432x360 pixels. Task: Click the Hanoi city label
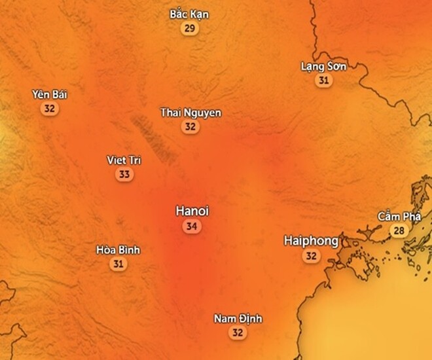click(192, 211)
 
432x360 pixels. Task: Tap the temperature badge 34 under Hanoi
click(192, 226)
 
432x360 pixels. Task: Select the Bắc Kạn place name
click(189, 14)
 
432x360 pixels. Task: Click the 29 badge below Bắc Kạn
click(190, 28)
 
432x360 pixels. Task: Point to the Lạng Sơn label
click(323, 66)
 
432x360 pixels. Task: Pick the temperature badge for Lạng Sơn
click(323, 81)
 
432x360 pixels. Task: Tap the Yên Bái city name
click(50, 94)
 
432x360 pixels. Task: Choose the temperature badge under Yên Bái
click(49, 109)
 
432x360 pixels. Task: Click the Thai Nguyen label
click(190, 113)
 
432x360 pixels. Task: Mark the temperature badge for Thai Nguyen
click(190, 127)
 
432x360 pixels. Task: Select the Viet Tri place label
click(124, 160)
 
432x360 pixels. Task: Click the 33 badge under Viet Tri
click(124, 174)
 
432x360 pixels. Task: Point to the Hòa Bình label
click(118, 250)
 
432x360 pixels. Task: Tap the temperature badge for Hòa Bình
click(118, 264)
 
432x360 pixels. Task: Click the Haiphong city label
click(311, 241)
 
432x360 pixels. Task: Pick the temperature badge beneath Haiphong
click(312, 257)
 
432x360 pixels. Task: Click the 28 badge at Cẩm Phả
click(399, 230)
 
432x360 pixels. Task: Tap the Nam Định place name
click(238, 319)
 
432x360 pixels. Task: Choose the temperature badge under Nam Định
click(238, 333)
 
